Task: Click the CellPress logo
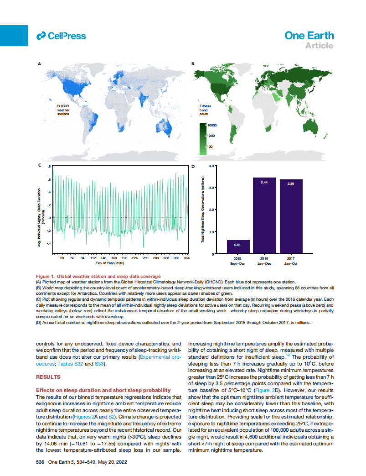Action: coord(61,36)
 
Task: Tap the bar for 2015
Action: coord(238,246)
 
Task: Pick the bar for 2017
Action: coord(291,216)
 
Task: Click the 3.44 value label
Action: coord(264,183)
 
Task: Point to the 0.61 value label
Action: coord(237,245)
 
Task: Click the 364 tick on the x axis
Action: coord(186,258)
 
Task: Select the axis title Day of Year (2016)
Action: coord(110,263)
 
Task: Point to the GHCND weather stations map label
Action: coord(63,110)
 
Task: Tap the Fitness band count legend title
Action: coord(205,110)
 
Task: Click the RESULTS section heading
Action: coord(48,377)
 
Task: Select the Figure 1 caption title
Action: coord(98,276)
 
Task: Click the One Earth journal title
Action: coord(309,36)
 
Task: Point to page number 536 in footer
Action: coord(40,462)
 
